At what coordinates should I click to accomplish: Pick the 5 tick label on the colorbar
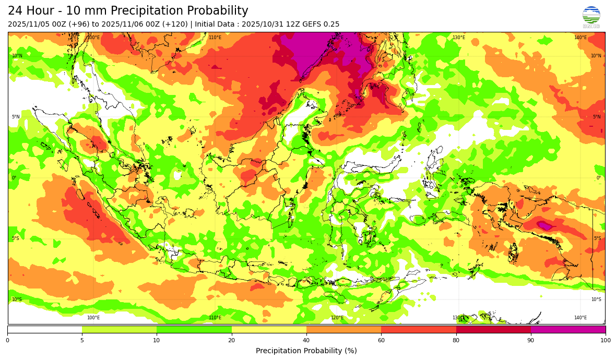(82, 341)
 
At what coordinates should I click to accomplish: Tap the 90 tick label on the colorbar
(531, 341)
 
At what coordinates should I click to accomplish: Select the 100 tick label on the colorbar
(605, 341)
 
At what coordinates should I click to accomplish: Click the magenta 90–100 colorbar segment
(568, 329)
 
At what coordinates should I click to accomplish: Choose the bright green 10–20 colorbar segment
(194, 329)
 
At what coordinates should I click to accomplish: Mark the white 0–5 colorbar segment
(44, 329)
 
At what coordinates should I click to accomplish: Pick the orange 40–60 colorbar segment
(343, 329)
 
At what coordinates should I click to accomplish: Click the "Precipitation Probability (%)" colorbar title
(306, 351)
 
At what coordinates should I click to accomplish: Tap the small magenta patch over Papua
(544, 225)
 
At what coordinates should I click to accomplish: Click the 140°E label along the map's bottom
(580, 318)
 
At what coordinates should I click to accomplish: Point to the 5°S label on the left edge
(16, 239)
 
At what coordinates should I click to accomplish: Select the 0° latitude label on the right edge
(599, 178)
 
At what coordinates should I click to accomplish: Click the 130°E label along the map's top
(458, 38)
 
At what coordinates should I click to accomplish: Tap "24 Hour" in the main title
(30, 11)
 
